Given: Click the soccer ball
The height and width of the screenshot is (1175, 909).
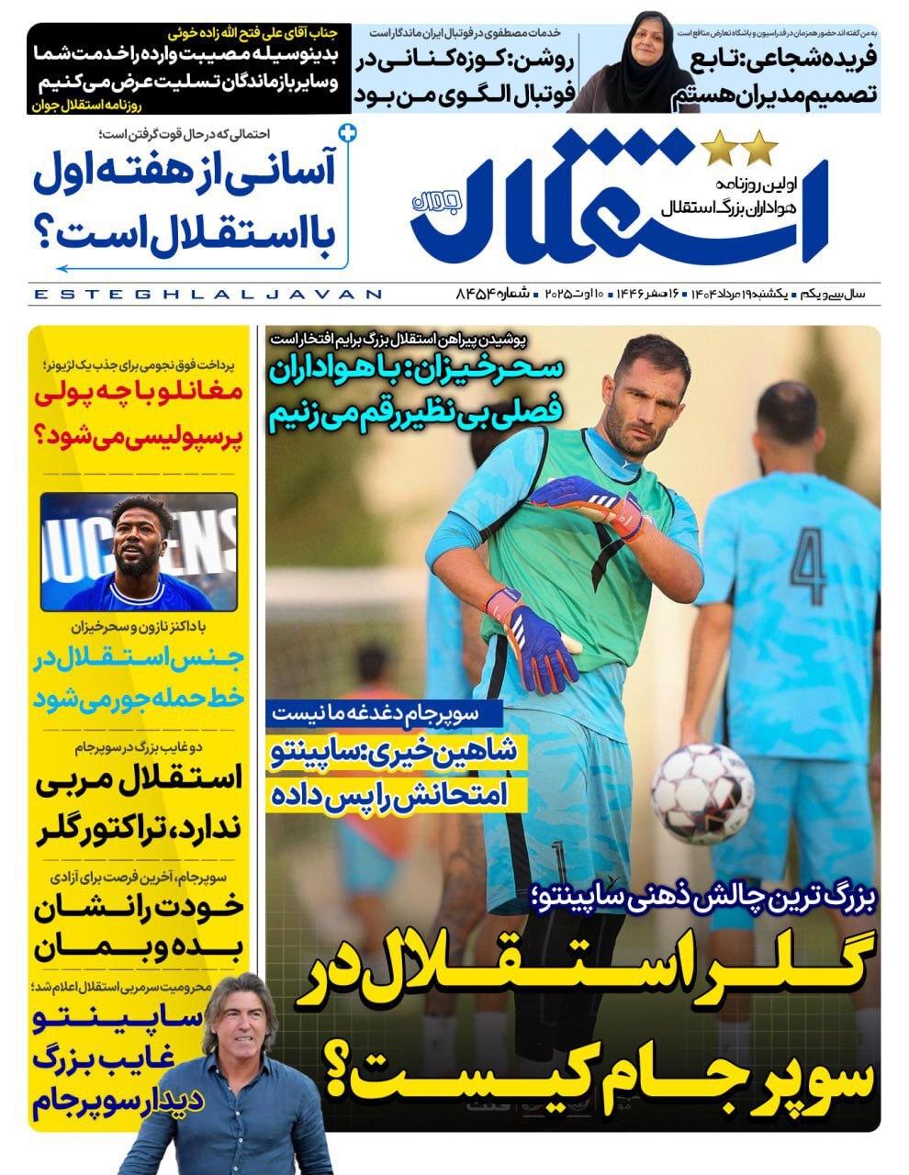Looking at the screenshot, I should (702, 793).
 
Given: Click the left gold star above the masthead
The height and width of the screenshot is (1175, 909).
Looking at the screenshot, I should (716, 146).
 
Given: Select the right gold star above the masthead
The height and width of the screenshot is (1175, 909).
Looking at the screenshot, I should (760, 146).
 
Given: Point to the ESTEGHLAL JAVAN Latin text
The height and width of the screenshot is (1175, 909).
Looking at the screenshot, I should (207, 295).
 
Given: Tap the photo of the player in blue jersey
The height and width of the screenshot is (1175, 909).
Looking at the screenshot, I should (139, 552).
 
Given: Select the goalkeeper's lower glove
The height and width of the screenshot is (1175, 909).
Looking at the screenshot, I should (531, 640).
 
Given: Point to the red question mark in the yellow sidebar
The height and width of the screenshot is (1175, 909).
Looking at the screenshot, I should (49, 434).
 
